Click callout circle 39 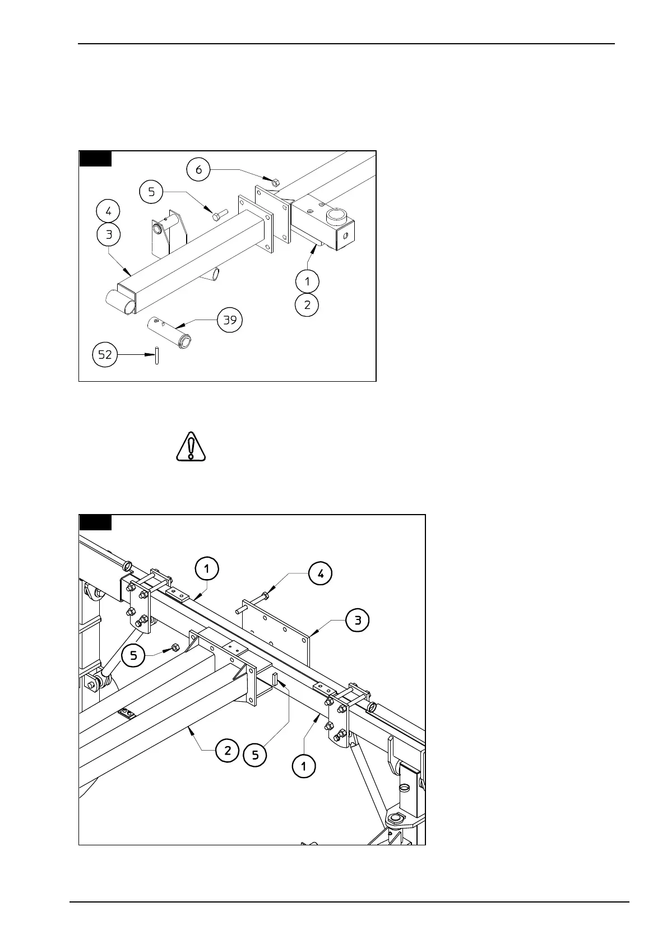(230, 320)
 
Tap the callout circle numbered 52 (105, 354)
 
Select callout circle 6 (199, 169)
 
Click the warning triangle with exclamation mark (191, 447)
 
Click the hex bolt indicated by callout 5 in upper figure (218, 214)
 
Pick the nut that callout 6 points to (275, 182)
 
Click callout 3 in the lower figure (358, 620)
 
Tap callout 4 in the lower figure (321, 573)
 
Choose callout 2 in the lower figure (228, 751)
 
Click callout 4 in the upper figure (108, 211)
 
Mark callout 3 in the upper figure (108, 234)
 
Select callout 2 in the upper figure (307, 305)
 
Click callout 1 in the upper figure (307, 281)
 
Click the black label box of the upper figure (95, 159)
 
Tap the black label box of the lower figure (95, 522)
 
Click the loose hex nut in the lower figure (174, 647)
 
